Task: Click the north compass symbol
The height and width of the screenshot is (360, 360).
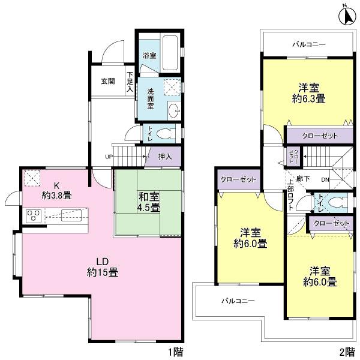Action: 346,14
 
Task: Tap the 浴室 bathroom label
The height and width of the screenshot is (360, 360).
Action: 149,55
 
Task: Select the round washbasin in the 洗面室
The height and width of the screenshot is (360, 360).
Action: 175,110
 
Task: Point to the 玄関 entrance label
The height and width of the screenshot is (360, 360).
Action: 107,81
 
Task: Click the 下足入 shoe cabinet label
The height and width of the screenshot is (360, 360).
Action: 130,82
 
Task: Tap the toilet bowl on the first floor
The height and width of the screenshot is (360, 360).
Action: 167,133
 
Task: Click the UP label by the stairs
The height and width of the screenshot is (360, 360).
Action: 109,158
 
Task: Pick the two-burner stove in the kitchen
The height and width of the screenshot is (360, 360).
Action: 32,215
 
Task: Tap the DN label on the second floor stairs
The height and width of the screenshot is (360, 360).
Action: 325,179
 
